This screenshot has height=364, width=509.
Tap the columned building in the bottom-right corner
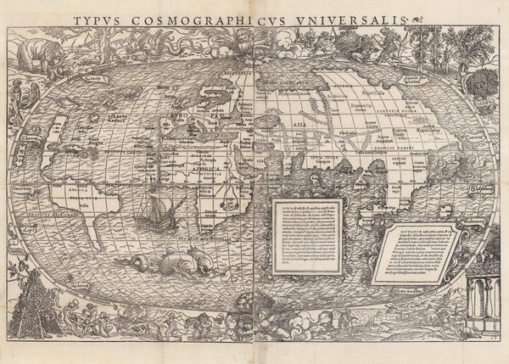pos(484,297)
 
